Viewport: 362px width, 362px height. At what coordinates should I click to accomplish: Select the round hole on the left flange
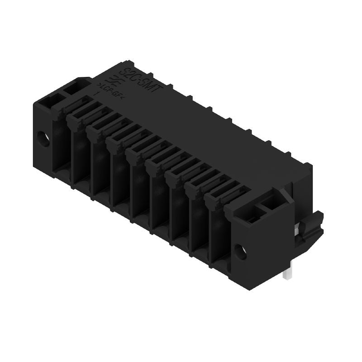[x=44, y=138]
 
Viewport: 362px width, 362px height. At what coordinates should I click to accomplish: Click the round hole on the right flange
[x=240, y=252]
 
